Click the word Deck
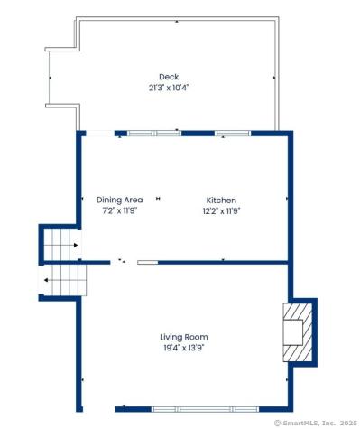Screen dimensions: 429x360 click(x=168, y=77)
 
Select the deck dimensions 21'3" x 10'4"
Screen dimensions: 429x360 click(x=168, y=88)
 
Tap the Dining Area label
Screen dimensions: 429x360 click(x=120, y=200)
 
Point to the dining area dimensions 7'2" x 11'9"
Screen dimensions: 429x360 click(x=120, y=210)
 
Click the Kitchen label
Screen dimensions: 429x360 click(x=221, y=200)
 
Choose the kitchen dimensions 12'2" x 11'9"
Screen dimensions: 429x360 click(x=221, y=210)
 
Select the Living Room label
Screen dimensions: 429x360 click(x=184, y=337)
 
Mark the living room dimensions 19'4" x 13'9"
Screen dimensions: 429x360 click(x=184, y=348)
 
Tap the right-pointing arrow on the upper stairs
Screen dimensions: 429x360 click(x=76, y=244)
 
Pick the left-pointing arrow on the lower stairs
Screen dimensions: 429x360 click(x=45, y=281)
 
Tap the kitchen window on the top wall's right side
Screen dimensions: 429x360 click(x=233, y=134)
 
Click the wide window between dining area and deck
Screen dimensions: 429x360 click(x=153, y=134)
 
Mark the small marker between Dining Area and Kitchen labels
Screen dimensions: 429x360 click(x=159, y=200)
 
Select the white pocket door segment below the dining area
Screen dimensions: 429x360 click(x=147, y=262)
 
